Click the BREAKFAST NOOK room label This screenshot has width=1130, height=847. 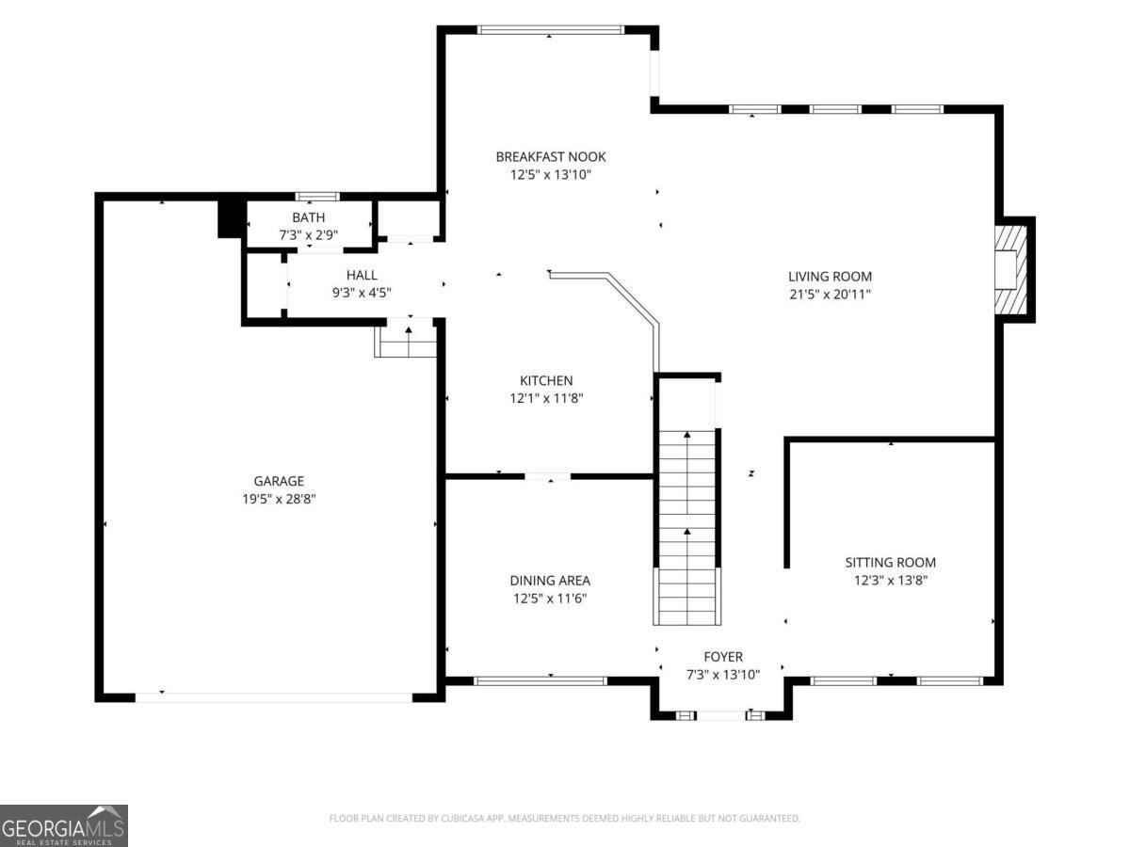550,157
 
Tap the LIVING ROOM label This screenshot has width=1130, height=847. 830,277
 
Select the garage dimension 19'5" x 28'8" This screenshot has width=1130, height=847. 279,499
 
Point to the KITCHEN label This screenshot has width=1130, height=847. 546,380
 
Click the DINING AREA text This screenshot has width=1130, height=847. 550,581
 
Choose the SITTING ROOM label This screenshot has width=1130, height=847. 891,563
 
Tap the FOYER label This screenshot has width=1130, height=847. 723,657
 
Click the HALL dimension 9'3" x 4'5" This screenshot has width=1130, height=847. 362,293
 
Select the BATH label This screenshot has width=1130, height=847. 308,217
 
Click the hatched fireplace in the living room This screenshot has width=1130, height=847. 1010,270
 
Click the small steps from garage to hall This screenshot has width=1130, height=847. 406,337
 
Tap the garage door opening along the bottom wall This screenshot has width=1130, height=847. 274,697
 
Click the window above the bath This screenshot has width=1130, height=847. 317,196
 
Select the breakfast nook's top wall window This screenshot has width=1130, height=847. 551,30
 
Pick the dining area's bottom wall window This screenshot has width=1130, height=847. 541,680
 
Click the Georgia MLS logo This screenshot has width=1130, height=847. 64,826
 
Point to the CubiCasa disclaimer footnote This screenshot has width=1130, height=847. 565,818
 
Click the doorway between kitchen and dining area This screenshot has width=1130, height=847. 548,477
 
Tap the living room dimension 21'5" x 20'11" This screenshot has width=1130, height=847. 830,295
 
